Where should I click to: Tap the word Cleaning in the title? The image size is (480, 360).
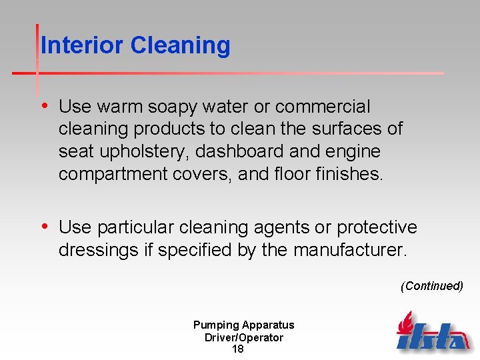[181, 45]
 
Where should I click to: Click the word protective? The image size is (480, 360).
[377, 228]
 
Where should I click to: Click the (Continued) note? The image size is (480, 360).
[432, 286]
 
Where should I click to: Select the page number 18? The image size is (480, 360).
[237, 349]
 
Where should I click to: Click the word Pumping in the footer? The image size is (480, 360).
[215, 325]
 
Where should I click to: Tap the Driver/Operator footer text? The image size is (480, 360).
[243, 337]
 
